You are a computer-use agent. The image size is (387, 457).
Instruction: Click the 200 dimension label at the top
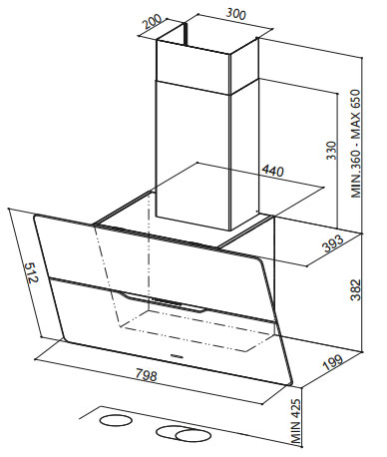[152, 23]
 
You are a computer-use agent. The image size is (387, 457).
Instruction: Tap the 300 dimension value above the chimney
[235, 14]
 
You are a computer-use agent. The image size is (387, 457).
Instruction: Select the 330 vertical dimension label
[331, 151]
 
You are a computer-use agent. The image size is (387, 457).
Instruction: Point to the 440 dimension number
[272, 171]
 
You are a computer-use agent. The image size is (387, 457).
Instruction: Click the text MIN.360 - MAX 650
[356, 144]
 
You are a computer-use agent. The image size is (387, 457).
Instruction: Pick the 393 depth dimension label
[332, 243]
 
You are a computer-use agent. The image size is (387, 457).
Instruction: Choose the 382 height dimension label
[356, 289]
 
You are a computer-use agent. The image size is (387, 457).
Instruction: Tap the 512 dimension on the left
[32, 272]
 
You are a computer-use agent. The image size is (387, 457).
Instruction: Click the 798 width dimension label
[146, 375]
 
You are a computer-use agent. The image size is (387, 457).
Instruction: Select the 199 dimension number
[332, 363]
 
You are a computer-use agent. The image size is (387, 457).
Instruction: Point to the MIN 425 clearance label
[295, 421]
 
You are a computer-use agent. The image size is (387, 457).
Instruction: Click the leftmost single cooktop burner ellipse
[116, 420]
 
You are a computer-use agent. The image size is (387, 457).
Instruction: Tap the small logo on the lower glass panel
[177, 356]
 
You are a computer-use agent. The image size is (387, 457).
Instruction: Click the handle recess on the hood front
[163, 301]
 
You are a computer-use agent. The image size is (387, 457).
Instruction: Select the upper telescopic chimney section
[206, 62]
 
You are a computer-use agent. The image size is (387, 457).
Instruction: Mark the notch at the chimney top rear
[185, 34]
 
